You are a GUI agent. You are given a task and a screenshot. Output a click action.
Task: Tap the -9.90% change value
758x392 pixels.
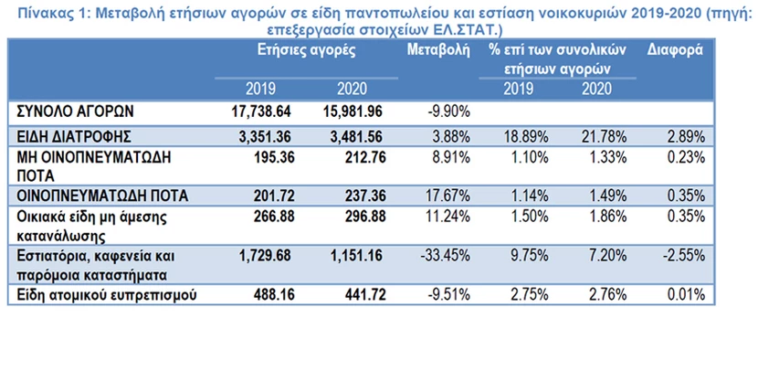447,111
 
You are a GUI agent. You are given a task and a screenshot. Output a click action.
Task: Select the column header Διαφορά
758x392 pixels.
676,50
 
